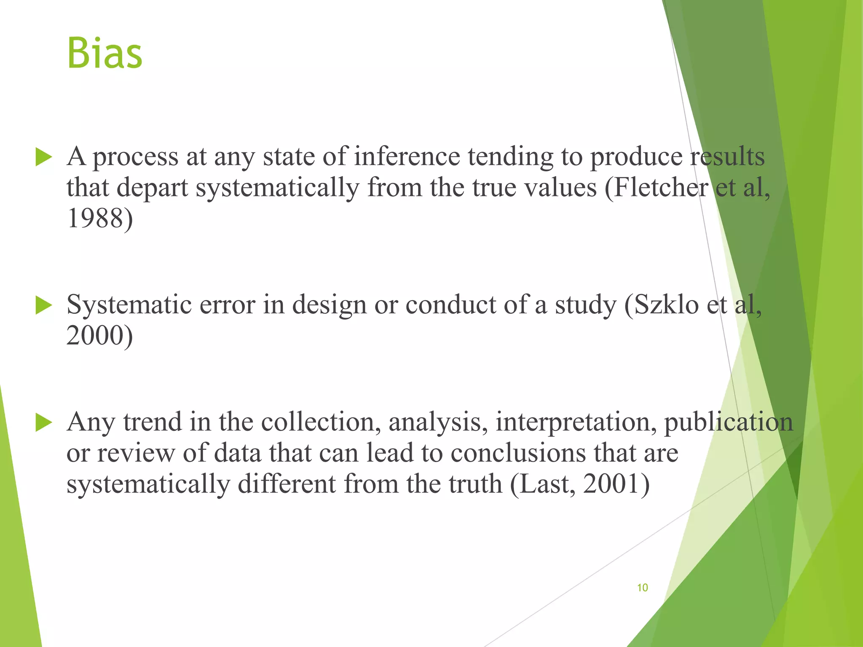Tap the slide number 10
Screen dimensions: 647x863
click(642, 588)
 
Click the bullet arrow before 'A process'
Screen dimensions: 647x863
click(43, 157)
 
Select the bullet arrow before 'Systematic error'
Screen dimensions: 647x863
click(43, 305)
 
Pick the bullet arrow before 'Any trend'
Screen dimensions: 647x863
click(43, 422)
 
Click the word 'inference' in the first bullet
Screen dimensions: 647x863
click(407, 157)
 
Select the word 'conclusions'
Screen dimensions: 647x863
click(518, 453)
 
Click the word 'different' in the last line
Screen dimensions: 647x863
click(287, 484)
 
